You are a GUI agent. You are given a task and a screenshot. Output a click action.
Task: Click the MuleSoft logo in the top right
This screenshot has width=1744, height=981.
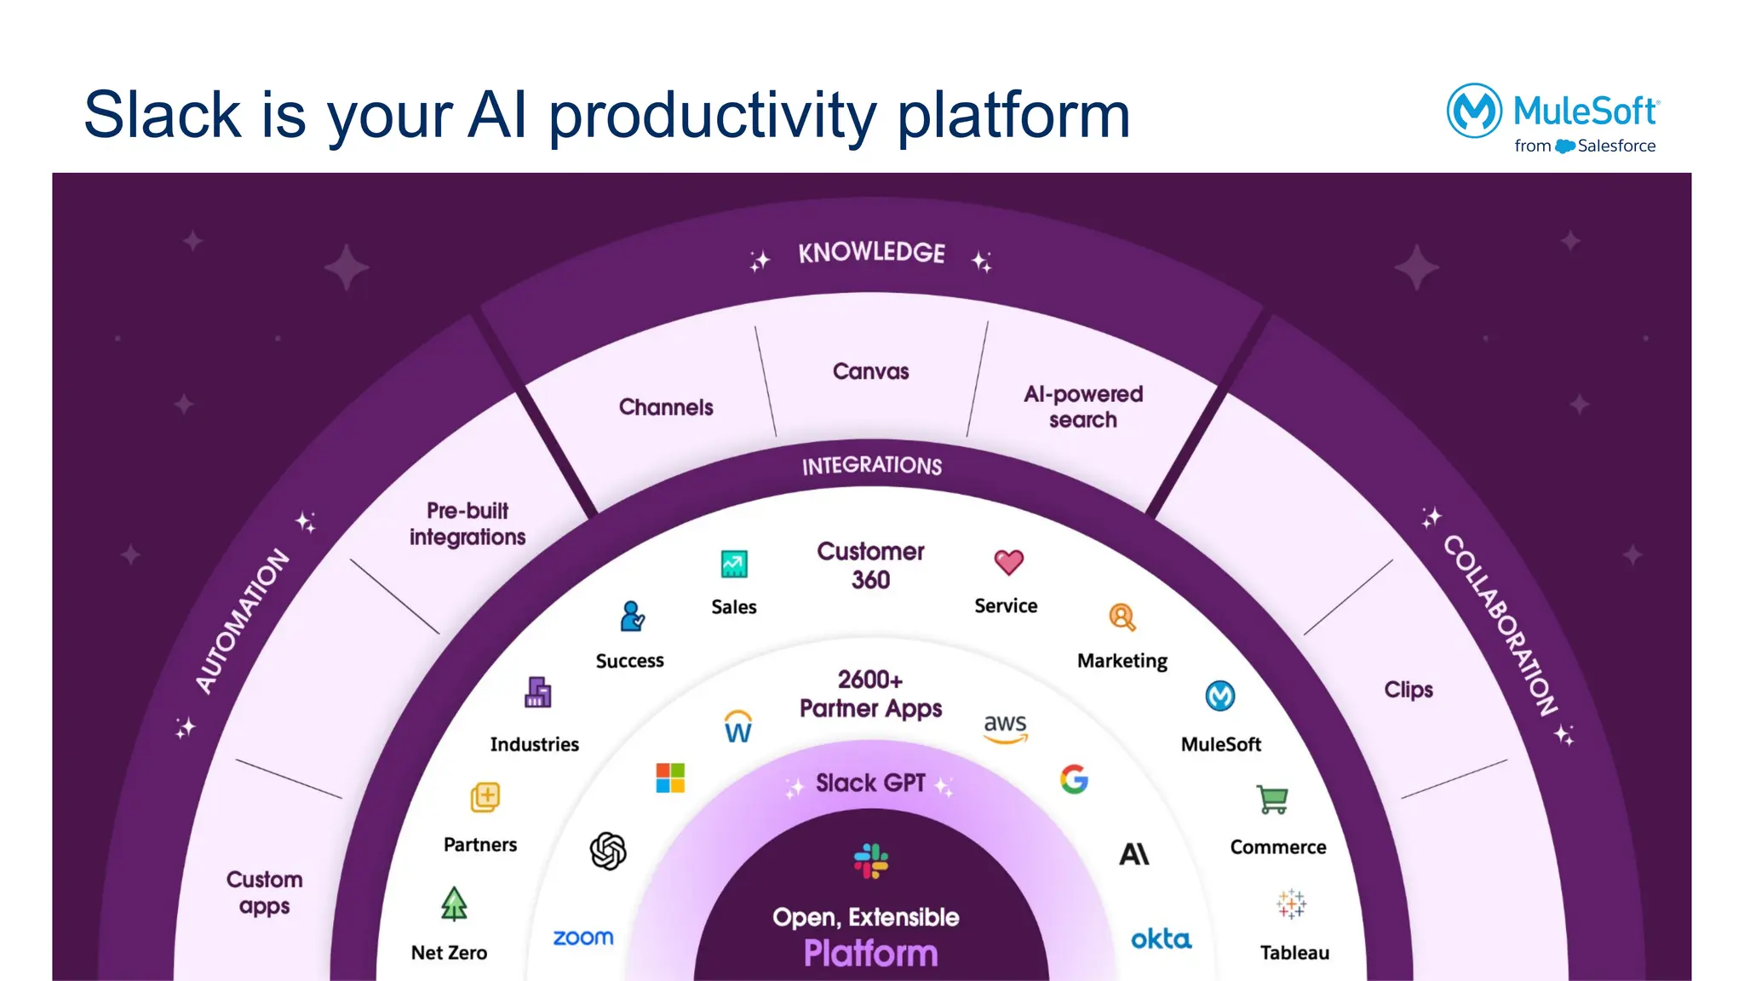[1552, 118]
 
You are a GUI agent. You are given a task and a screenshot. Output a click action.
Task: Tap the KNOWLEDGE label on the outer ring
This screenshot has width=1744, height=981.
[871, 253]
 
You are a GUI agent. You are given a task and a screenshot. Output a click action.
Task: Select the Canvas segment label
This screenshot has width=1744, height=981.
[870, 371]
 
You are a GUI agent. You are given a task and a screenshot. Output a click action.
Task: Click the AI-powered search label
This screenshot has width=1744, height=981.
[1082, 406]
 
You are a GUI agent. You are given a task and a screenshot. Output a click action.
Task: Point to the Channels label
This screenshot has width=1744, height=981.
[666, 407]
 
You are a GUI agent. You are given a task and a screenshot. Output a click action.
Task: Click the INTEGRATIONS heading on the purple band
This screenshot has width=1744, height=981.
[871, 465]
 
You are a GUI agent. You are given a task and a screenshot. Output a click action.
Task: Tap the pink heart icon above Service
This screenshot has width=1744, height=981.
[1008, 562]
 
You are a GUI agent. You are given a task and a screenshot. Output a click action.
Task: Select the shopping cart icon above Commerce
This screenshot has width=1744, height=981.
[1272, 799]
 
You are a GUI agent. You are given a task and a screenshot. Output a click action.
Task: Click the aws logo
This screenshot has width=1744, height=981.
[1005, 726]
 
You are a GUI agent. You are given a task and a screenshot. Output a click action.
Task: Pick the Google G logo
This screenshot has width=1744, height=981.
[1074, 778]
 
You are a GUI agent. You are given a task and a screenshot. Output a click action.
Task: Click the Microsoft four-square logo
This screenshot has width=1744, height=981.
[670, 777]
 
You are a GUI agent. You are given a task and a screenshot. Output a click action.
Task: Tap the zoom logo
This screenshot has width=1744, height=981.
[583, 938]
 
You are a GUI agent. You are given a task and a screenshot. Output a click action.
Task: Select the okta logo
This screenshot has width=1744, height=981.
[1161, 939]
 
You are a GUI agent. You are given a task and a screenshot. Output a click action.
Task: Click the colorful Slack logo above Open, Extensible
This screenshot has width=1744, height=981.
[870, 861]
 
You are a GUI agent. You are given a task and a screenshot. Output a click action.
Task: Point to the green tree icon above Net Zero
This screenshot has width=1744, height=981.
[454, 904]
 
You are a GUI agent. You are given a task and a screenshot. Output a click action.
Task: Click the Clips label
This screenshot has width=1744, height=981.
[1408, 689]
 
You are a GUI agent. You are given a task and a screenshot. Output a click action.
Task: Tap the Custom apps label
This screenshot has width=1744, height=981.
[264, 892]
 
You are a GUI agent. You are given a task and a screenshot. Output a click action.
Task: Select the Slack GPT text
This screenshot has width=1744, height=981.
[869, 783]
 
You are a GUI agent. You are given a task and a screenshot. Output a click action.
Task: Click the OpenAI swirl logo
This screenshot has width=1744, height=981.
[608, 851]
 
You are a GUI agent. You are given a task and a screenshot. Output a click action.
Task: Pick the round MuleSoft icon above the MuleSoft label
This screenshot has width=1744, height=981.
[1219, 696]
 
